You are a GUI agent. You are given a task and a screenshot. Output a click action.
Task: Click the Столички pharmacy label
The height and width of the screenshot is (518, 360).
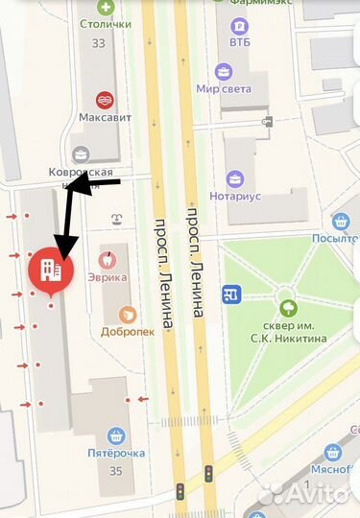coord(106,23)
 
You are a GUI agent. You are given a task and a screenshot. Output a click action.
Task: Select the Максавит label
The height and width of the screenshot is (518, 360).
coord(105,117)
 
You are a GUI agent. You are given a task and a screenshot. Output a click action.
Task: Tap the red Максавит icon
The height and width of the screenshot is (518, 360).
coord(105,99)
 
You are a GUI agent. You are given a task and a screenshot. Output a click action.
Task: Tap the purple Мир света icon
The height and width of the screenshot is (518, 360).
coord(223,71)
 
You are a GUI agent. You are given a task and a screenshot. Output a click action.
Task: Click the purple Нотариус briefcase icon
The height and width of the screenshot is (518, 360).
coord(234,178)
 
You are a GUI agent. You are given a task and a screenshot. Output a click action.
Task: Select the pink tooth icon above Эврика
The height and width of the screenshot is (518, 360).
coord(108,258)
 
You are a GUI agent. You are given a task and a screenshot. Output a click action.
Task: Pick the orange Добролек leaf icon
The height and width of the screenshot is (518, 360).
coord(127,314)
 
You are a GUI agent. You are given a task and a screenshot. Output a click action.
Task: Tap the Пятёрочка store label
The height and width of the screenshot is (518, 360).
coord(116,453)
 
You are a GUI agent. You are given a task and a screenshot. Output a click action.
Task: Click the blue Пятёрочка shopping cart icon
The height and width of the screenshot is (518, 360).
coord(116,435)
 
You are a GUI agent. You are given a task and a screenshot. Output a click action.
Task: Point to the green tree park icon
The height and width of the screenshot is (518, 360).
coord(287,308)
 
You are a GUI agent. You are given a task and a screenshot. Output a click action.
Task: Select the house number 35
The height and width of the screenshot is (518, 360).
coord(116,471)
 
